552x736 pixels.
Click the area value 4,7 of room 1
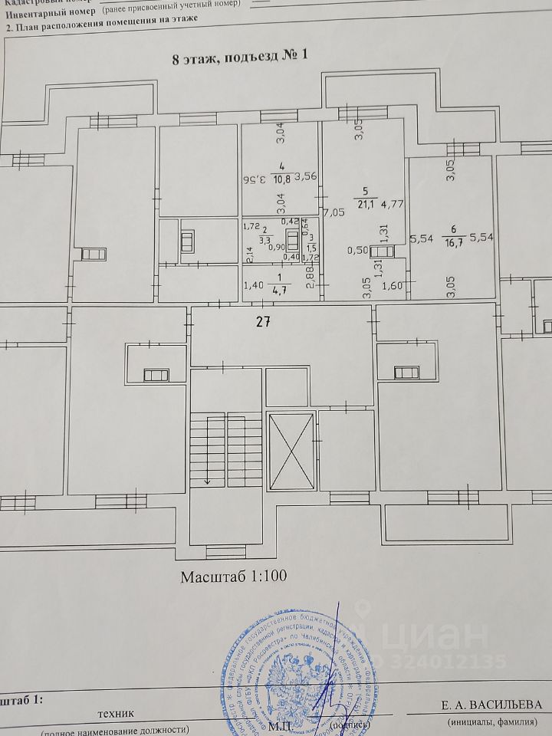coord(284,290)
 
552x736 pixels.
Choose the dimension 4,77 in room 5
coord(393,204)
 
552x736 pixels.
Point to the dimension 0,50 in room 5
coord(357,250)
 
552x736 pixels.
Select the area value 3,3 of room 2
coord(264,239)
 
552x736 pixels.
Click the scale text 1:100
coord(264,577)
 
